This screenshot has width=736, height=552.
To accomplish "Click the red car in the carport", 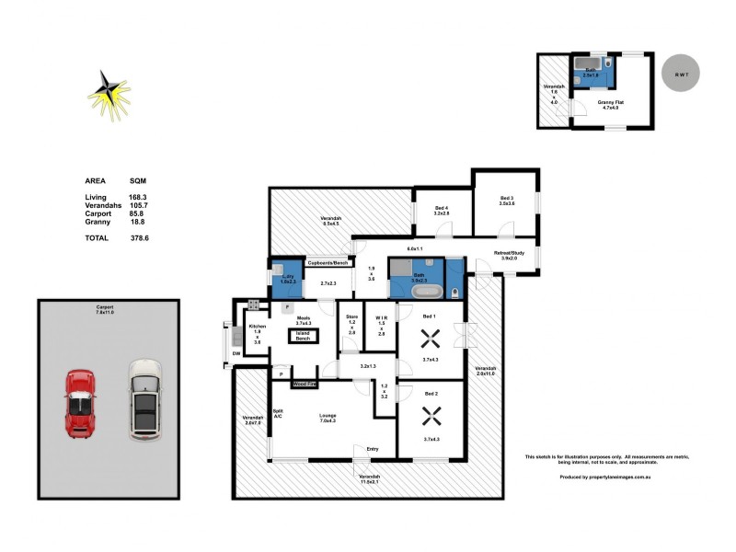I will (80, 403).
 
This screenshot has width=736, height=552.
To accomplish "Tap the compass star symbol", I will (110, 91).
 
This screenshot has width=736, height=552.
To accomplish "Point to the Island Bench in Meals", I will (302, 337).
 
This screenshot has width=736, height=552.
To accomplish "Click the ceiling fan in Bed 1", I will (428, 337).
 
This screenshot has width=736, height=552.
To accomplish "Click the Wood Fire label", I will (305, 383).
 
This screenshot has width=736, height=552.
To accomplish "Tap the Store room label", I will (351, 316).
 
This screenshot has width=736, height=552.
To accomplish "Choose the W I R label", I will (381, 316).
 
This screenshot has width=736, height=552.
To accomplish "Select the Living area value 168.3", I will (139, 197).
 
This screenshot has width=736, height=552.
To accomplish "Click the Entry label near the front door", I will (372, 449).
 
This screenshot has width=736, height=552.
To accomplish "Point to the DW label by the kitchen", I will (236, 353).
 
